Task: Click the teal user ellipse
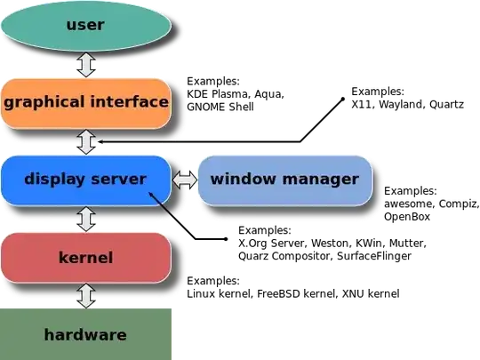coord(85,25)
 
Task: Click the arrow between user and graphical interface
coord(86,64)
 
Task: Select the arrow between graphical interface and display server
coord(86,141)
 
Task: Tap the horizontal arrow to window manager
coord(185,180)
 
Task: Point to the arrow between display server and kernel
coord(86,219)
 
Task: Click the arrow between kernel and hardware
coord(86,295)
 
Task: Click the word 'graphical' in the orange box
coord(43,102)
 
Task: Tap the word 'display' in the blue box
coord(54,179)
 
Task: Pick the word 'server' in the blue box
coord(120,179)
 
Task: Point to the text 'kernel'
coord(85,258)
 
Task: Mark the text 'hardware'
coord(85,335)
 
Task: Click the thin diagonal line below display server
coord(162,205)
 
